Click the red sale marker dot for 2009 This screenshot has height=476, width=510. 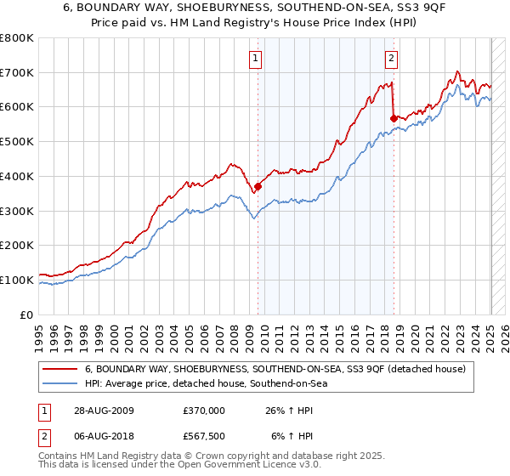(x=258, y=186)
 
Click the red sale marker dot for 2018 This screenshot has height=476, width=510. (x=393, y=117)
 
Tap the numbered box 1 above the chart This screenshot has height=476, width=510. (x=256, y=59)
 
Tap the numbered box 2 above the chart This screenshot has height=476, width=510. (x=391, y=59)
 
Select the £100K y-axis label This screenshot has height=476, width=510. (x=17, y=280)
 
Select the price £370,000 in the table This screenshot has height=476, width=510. (x=204, y=411)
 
